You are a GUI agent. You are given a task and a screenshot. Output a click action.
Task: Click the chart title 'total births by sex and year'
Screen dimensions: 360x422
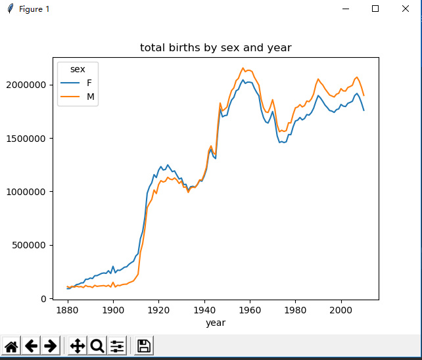pyautogui.click(x=216, y=48)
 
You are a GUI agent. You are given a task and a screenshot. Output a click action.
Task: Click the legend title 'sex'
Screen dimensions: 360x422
pyautogui.click(x=78, y=69)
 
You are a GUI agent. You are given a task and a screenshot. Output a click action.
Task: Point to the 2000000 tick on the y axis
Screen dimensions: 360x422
pyautogui.click(x=26, y=85)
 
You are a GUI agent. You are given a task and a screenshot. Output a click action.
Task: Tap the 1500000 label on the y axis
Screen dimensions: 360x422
pyautogui.click(x=26, y=139)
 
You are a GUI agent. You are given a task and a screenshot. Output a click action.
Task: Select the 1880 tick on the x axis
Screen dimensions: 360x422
pyautogui.click(x=67, y=309)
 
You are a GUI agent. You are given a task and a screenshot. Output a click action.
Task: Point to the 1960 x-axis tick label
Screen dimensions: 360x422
pyautogui.click(x=250, y=309)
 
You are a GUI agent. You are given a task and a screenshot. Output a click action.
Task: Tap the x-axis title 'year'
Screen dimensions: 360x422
pyautogui.click(x=216, y=323)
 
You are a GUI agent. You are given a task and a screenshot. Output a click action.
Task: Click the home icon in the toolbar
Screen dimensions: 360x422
pyautogui.click(x=11, y=346)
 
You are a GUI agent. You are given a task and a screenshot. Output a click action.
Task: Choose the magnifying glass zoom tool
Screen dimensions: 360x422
pyautogui.click(x=97, y=346)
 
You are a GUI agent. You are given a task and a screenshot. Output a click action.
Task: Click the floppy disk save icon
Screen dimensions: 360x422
pyautogui.click(x=144, y=346)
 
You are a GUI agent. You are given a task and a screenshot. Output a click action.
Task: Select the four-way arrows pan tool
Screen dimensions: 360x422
pyautogui.click(x=77, y=346)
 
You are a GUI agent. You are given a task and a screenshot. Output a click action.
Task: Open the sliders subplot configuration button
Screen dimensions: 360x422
pyautogui.click(x=117, y=346)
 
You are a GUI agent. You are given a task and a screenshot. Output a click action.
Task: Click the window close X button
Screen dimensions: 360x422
pyautogui.click(x=406, y=9)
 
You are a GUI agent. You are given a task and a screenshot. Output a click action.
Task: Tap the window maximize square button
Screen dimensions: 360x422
pyautogui.click(x=375, y=9)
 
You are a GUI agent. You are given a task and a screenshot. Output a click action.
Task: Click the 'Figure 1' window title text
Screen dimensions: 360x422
pyautogui.click(x=34, y=9)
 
